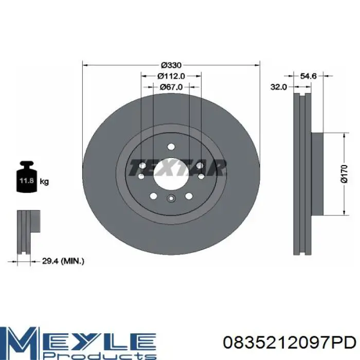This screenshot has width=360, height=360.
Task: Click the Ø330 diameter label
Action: (x=171, y=65)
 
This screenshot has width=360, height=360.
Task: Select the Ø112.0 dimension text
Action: (x=171, y=76)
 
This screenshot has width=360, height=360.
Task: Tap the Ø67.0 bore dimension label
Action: (x=171, y=87)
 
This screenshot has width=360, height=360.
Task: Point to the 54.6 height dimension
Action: (x=309, y=76)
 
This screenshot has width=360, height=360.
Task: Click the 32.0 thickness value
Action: (x=279, y=87)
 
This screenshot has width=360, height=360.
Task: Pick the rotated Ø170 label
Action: (x=344, y=174)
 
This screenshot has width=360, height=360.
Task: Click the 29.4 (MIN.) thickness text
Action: (x=63, y=261)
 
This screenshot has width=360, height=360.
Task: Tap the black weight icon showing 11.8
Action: (x=27, y=177)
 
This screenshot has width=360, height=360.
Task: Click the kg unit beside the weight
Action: (x=44, y=182)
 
